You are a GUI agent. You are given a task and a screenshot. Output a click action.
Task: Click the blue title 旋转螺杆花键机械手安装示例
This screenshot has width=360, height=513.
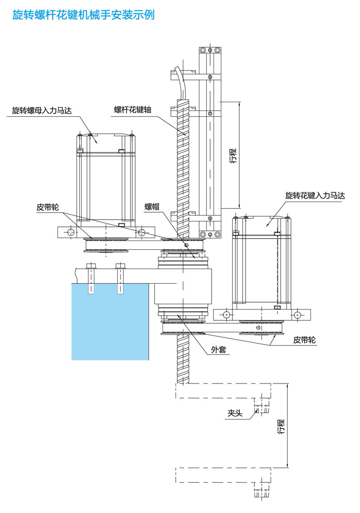pyautogui.click(x=83, y=15)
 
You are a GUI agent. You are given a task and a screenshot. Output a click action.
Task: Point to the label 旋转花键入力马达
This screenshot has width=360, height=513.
pyautogui.click(x=315, y=196)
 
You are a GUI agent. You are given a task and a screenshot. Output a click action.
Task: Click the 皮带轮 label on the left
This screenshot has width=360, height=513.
pyautogui.click(x=48, y=207)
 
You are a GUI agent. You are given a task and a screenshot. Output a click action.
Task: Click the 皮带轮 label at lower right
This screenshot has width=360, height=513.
pyautogui.click(x=305, y=340)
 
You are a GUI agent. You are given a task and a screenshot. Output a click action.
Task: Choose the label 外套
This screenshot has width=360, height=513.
pyautogui.click(x=218, y=349)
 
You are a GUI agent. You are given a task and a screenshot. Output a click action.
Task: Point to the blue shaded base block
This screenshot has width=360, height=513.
pyautogui.click(x=109, y=321)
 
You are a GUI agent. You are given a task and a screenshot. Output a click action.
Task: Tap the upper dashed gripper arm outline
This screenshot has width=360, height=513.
pyautogui.click(x=223, y=390)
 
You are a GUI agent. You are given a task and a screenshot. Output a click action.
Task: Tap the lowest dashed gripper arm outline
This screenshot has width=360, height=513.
pyautogui.click(x=223, y=475)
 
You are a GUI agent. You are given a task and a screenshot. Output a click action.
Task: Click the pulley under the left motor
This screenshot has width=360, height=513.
pyautogui.click(x=105, y=243)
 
